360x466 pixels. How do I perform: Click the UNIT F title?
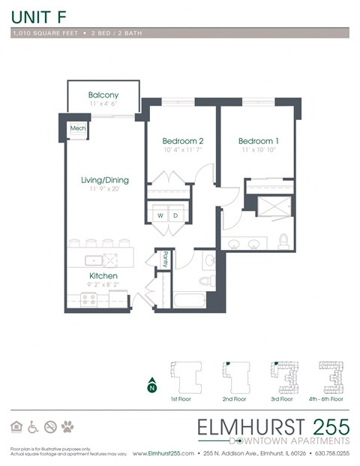pyautogui.click(x=35, y=14)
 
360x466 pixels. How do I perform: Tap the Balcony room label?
pyautogui.click(x=103, y=95)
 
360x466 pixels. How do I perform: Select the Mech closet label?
pyautogui.click(x=77, y=129)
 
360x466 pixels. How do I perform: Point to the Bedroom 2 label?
pyautogui.click(x=183, y=140)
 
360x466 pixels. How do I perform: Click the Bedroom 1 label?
pyautogui.click(x=258, y=140)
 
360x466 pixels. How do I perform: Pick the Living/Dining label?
pyautogui.click(x=105, y=180)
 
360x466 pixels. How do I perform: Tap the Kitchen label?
pyautogui.click(x=103, y=275)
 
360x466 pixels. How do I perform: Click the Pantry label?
pyautogui.click(x=164, y=259)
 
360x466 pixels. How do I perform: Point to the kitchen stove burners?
pyautogui.click(x=90, y=299)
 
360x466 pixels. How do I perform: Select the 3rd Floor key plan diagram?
pyautogui.click(x=286, y=377)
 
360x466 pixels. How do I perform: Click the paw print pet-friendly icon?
pyautogui.click(x=68, y=427)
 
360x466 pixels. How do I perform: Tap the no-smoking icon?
pyautogui.click(x=50, y=427)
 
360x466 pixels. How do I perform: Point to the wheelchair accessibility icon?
pyautogui.click(x=33, y=427)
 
